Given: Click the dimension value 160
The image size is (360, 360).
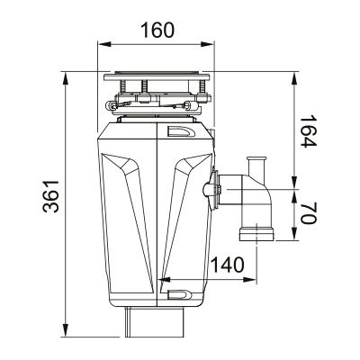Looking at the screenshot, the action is [157, 30].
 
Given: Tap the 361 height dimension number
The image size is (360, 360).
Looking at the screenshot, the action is [50, 196].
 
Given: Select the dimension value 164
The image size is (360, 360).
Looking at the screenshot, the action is [308, 130].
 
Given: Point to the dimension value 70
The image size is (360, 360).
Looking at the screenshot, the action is [308, 213].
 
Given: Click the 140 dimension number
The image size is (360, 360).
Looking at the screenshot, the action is [227, 265].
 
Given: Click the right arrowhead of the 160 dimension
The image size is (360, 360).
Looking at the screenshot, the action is [207, 44].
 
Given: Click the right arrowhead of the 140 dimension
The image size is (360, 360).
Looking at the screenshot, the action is [249, 280].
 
